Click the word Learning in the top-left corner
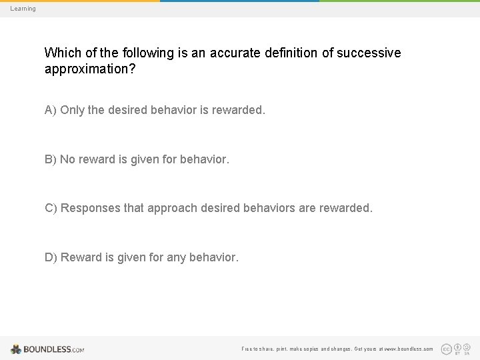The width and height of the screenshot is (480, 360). point(23,9)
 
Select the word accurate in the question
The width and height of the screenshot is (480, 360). point(237,53)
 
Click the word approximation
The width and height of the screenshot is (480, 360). point(89,69)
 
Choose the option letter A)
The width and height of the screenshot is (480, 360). point(51,110)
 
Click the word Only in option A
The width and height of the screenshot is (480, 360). point(72,110)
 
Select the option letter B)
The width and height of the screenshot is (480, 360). point(51,159)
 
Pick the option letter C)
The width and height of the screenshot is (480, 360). point(51,208)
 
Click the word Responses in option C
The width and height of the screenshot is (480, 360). point(91,208)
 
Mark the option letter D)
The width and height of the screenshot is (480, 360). point(51,257)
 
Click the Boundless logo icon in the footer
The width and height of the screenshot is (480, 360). point(16,349)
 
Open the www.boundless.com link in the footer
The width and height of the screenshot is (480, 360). point(409,349)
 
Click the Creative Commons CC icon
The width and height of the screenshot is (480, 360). point(446,349)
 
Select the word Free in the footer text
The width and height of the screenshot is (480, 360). point(247,349)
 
